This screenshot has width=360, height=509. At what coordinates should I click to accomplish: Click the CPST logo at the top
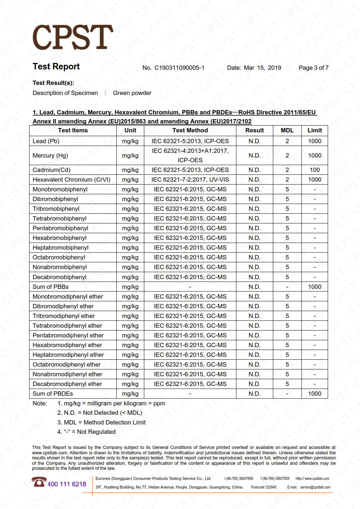(x=73, y=37)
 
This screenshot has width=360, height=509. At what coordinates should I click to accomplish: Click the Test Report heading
(x=56, y=67)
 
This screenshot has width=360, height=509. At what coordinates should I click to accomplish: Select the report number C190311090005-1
(x=179, y=68)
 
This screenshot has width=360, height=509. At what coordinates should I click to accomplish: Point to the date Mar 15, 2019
(x=262, y=68)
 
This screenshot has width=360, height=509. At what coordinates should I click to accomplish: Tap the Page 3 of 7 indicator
(x=314, y=68)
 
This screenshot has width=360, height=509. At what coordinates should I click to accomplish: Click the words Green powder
(x=132, y=93)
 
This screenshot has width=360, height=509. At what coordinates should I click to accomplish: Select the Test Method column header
(x=190, y=130)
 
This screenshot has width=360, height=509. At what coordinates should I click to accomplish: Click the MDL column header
(x=287, y=130)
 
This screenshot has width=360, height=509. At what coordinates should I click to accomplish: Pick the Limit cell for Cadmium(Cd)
(x=315, y=170)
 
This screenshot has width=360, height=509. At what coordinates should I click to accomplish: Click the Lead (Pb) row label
(x=46, y=141)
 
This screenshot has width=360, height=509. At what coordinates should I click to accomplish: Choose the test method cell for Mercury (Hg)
(x=190, y=155)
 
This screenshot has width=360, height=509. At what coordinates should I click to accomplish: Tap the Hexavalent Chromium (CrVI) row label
(x=72, y=179)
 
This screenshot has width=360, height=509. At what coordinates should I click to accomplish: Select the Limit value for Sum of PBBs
(x=315, y=287)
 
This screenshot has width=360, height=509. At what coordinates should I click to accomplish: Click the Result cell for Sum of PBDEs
(x=255, y=394)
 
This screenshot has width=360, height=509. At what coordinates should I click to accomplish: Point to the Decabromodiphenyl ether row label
(x=67, y=384)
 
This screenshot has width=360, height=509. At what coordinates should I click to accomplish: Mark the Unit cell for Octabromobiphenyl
(x=130, y=257)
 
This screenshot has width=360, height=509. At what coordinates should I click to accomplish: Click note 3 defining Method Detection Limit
(x=102, y=422)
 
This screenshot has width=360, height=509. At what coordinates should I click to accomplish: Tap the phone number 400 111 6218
(x=67, y=484)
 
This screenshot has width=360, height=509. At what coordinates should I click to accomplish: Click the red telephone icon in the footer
(x=39, y=482)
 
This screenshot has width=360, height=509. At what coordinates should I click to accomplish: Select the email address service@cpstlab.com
(x=315, y=487)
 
